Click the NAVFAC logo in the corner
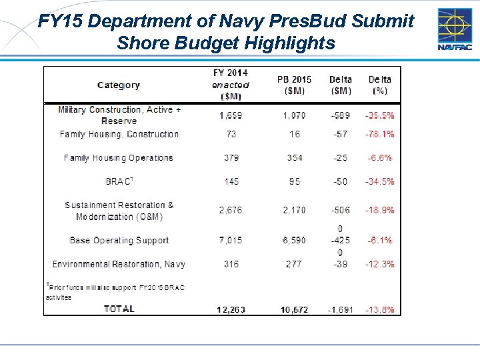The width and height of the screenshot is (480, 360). (455, 30)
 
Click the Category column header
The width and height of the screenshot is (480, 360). (118, 85)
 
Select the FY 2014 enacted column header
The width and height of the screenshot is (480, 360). (230, 85)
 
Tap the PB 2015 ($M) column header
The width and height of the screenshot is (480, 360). (294, 85)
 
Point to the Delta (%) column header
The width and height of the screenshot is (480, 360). (380, 85)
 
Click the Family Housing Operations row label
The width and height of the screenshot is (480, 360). (118, 158)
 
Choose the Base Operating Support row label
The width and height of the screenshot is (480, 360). (119, 240)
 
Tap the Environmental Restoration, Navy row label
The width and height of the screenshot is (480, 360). (119, 264)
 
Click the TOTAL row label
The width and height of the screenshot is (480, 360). (119, 309)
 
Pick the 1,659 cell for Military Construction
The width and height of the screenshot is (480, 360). (231, 115)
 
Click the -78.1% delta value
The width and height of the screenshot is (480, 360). (379, 134)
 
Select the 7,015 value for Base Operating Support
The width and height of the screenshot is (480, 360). (231, 240)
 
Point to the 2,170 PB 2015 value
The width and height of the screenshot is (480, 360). (294, 210)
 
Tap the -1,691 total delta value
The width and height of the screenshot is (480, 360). (340, 309)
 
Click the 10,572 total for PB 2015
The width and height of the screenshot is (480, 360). (294, 309)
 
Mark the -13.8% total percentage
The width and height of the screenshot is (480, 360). (379, 309)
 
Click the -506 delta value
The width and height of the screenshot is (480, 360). (340, 210)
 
